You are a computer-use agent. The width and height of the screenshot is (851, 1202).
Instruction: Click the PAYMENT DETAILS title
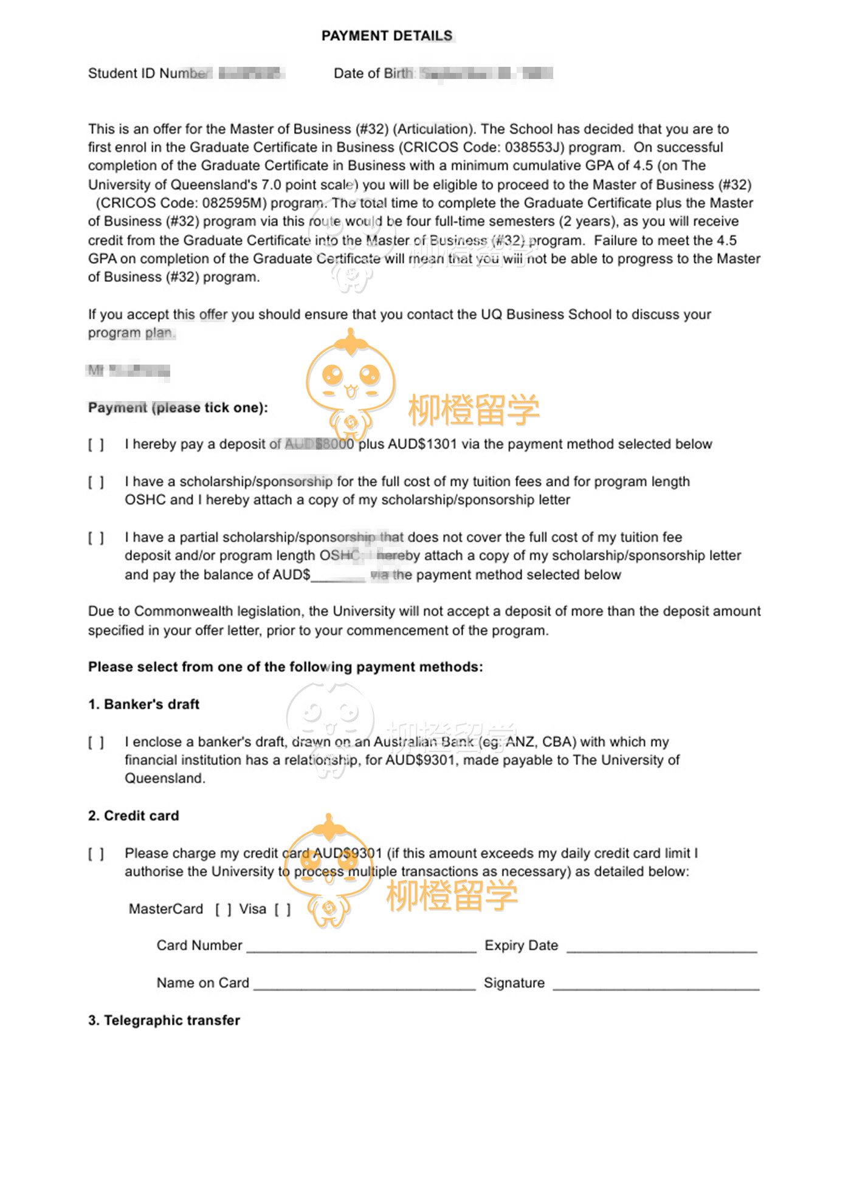(387, 36)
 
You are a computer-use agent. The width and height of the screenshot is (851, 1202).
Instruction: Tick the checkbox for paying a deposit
(96, 445)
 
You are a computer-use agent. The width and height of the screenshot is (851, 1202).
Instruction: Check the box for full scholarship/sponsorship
(96, 483)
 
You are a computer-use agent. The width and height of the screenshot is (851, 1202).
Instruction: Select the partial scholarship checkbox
(96, 538)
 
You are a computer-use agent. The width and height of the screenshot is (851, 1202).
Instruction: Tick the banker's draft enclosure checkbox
(96, 743)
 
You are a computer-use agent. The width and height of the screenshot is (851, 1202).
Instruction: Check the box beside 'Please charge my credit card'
(96, 854)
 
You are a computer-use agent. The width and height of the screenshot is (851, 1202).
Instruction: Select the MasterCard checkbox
(223, 910)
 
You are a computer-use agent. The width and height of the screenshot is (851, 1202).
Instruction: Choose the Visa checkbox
(282, 910)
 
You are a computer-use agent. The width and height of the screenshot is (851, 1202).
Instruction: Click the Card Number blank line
(361, 947)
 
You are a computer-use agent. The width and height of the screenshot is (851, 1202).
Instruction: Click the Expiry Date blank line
(661, 947)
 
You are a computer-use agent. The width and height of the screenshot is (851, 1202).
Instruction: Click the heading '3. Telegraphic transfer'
(164, 1020)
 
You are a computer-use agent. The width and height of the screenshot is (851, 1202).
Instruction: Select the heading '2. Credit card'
(133, 816)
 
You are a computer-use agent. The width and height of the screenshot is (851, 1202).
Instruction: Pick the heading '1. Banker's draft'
(143, 704)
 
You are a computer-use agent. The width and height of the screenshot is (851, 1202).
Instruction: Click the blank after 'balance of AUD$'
(338, 575)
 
